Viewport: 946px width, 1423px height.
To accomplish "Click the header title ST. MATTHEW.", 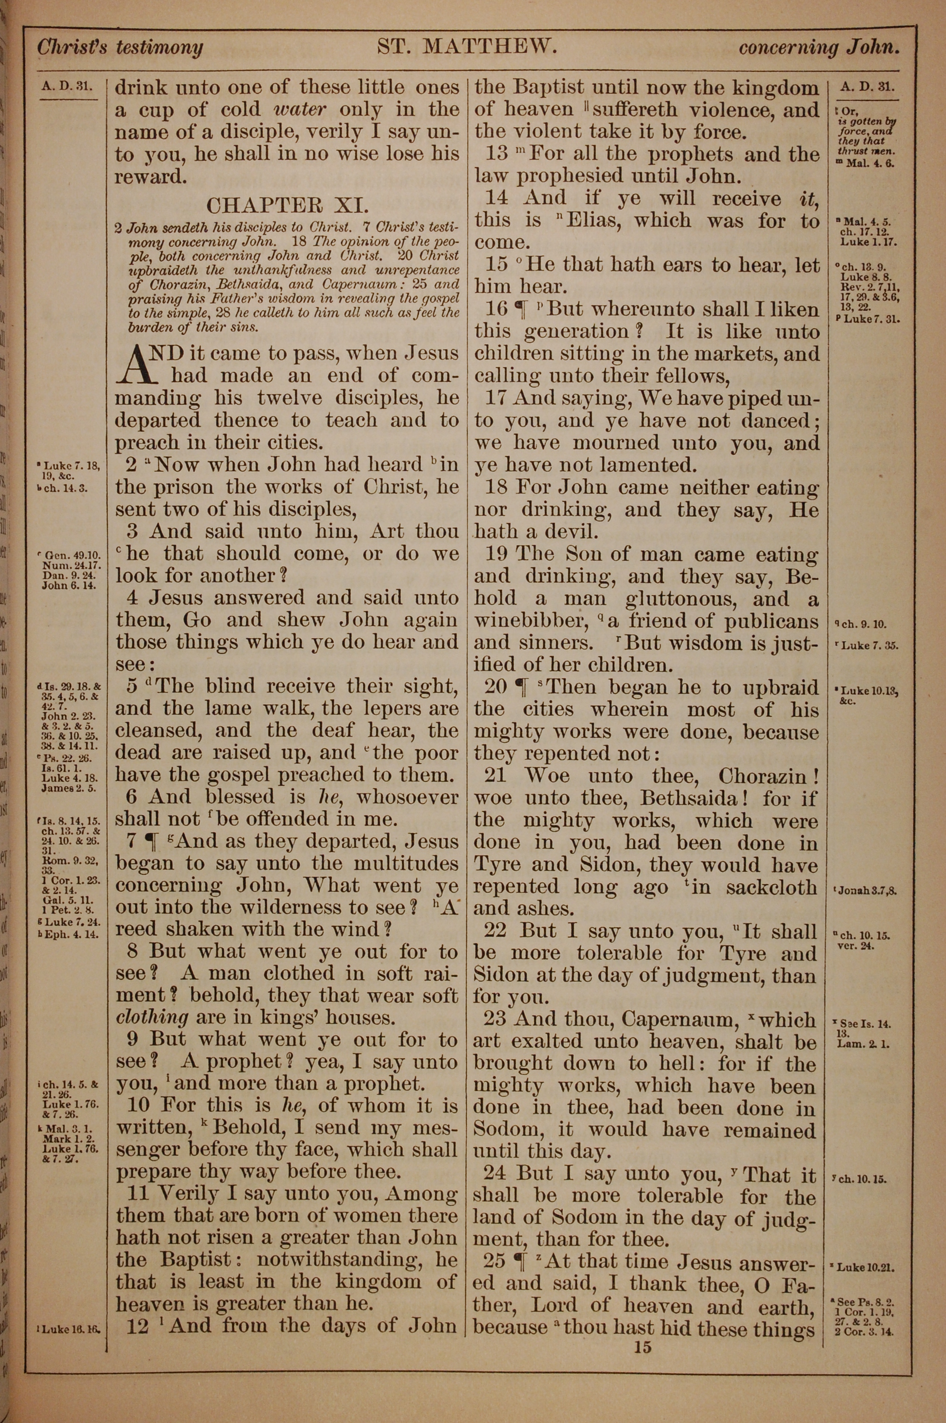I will (x=466, y=46).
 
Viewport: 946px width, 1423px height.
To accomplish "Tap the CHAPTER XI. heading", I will (x=287, y=206).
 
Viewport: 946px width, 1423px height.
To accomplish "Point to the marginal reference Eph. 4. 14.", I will (x=68, y=934).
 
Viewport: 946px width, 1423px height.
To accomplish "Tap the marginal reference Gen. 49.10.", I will (x=68, y=554).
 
